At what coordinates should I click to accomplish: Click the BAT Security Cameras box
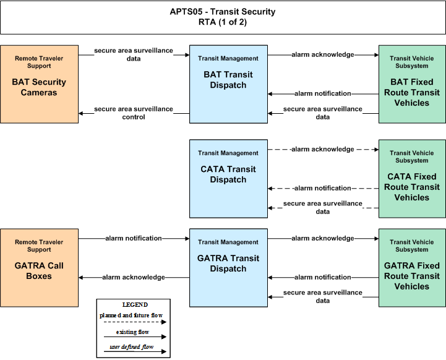tap(39, 84)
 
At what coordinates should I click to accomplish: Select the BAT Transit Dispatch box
tap(228, 84)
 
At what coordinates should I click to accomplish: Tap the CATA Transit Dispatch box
tap(228, 179)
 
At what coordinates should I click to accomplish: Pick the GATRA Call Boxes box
tap(39, 268)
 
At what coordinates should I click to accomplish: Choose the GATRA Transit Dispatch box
tap(228, 268)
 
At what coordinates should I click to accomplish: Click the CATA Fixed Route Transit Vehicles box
tap(412, 179)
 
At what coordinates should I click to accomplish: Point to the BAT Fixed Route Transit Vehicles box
tap(412, 84)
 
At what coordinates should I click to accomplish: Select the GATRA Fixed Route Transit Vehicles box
tap(412, 268)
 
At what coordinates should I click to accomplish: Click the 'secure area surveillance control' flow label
tap(134, 113)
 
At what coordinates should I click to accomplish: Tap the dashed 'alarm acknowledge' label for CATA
tap(323, 149)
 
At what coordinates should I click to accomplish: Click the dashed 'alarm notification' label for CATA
tap(323, 188)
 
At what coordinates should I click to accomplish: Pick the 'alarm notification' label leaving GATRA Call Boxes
tap(134, 238)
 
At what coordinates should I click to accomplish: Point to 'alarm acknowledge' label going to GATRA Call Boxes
tap(134, 277)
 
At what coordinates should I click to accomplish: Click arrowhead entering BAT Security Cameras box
tap(80, 113)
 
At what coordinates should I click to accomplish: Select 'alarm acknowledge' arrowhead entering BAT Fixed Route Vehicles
tap(377, 55)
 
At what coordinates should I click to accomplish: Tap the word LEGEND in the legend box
tap(135, 305)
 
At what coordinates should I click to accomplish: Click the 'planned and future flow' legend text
tap(131, 315)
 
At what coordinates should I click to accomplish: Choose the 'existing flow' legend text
tap(132, 332)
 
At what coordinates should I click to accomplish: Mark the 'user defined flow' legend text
tap(132, 347)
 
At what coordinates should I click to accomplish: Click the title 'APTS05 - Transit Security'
tap(223, 12)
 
